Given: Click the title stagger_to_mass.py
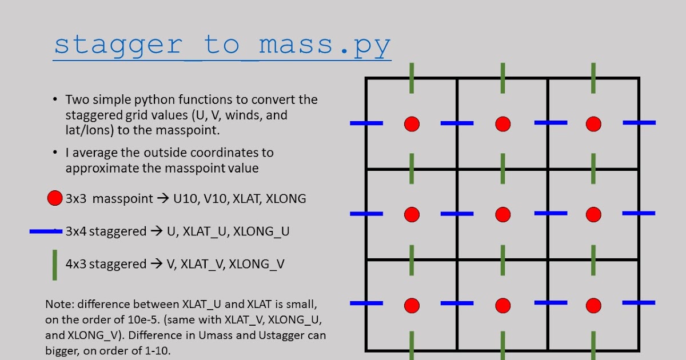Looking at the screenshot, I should coord(222,45).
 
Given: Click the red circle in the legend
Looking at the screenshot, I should coord(54,199).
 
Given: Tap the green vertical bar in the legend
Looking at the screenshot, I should coord(54,265).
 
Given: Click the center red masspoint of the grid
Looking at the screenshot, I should coord(502,214).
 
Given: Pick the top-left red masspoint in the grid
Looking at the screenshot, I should coord(412,123).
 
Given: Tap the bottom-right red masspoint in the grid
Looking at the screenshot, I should coord(593,305).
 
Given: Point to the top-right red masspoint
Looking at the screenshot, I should coord(593,123).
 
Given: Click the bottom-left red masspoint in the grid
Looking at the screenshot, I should coord(412,305).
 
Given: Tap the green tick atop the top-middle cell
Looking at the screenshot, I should coord(502,78).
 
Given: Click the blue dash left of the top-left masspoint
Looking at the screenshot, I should coord(366,123).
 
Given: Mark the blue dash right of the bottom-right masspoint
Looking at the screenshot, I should coord(639,302).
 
